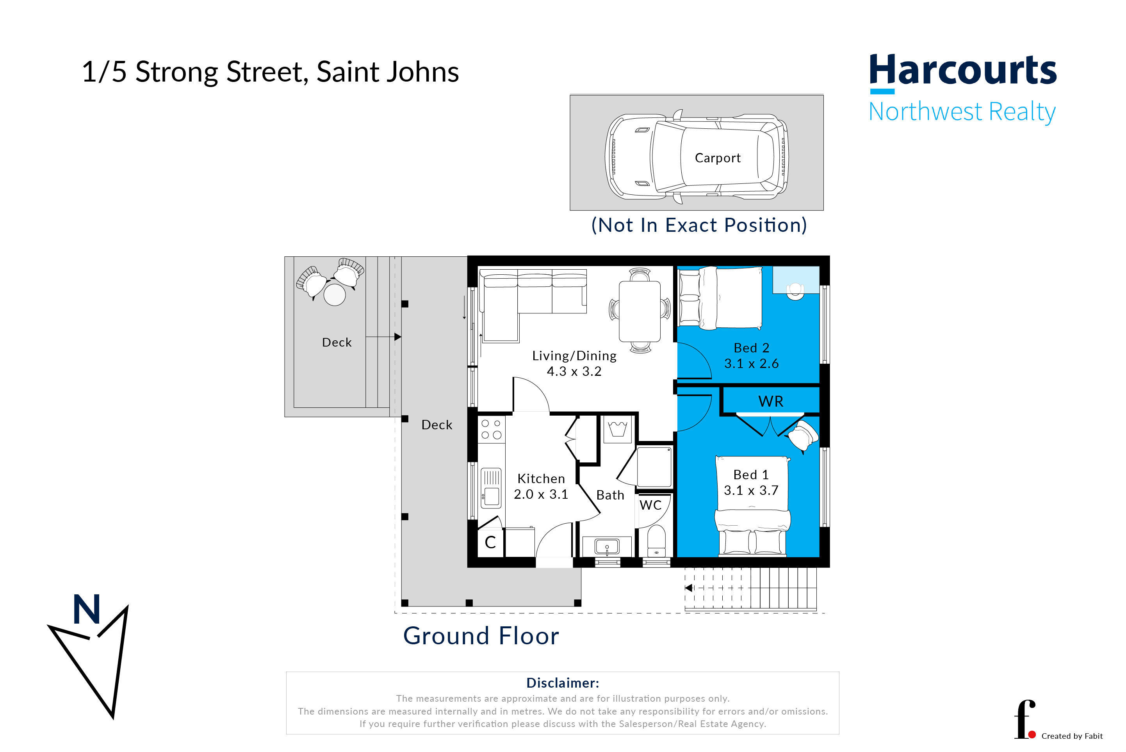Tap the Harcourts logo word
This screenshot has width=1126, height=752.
pos(962,70)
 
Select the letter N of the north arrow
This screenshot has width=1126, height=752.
pos(87,609)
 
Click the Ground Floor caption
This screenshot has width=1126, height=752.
pos(481,636)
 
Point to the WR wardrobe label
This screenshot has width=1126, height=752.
pos(770,402)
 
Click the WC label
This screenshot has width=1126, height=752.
pos(650,505)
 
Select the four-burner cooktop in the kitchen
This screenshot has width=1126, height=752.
pos(491,429)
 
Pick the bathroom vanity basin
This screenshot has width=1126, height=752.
pos(607,546)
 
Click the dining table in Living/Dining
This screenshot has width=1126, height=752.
pos(640,311)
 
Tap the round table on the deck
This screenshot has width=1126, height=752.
pos(334,295)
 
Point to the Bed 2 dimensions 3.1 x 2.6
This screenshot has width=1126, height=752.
pos(751,364)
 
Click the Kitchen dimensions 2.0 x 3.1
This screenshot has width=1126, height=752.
pos(541,494)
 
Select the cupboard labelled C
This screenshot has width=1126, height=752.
pos(490,542)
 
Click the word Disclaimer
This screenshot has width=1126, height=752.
pos(562,683)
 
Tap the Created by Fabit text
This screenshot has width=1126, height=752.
pos(1072,736)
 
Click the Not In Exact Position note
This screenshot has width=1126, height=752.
pos(699,225)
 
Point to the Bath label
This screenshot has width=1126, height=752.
pos(610,495)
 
